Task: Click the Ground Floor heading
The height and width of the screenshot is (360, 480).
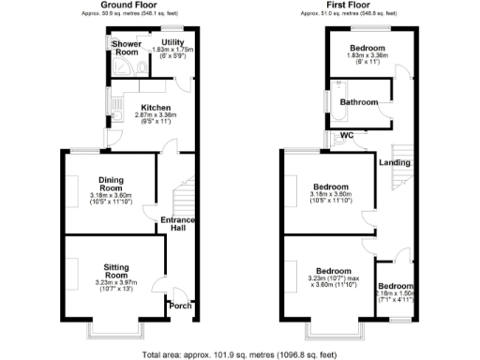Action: click(x=128, y=7)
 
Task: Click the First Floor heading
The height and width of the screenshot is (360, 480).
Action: click(x=357, y=7)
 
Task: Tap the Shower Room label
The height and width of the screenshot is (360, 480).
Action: click(x=125, y=48)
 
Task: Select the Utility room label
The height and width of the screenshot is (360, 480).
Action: click(x=172, y=42)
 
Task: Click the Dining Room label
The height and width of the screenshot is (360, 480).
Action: click(x=112, y=182)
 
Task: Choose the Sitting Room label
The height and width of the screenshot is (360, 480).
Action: click(x=116, y=266)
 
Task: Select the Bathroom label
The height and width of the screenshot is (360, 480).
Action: click(x=358, y=101)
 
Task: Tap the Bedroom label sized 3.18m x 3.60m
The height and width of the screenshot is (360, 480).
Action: click(x=332, y=187)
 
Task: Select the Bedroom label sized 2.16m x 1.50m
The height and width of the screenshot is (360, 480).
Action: click(x=396, y=286)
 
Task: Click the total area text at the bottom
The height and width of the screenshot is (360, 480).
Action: click(x=240, y=354)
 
